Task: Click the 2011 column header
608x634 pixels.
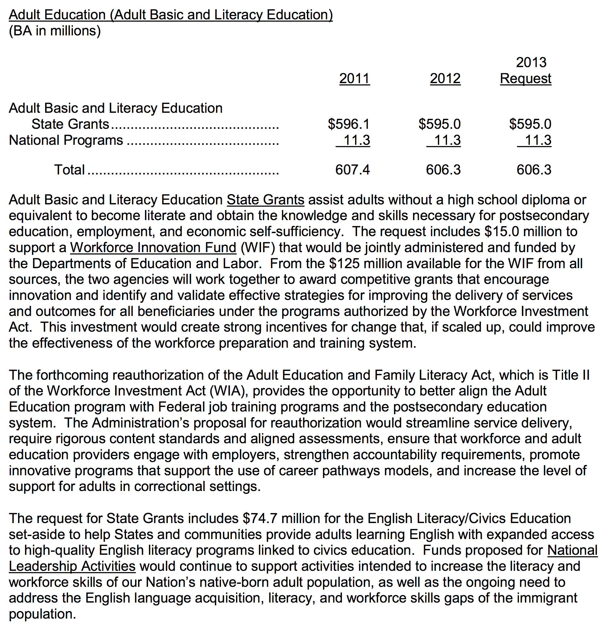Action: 354,79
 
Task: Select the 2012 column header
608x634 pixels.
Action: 445,79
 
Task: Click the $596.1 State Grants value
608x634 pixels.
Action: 349,124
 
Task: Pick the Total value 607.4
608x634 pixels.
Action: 352,170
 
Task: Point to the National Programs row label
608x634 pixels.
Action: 66,140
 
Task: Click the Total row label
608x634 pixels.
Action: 69,170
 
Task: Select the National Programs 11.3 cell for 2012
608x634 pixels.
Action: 447,140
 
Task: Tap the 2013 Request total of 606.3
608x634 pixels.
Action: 534,170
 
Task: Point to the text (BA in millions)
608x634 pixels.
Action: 55,31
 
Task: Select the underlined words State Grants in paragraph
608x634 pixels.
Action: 265,200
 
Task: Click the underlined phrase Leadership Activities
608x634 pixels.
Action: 72,566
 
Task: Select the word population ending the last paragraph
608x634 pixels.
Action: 42,614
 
